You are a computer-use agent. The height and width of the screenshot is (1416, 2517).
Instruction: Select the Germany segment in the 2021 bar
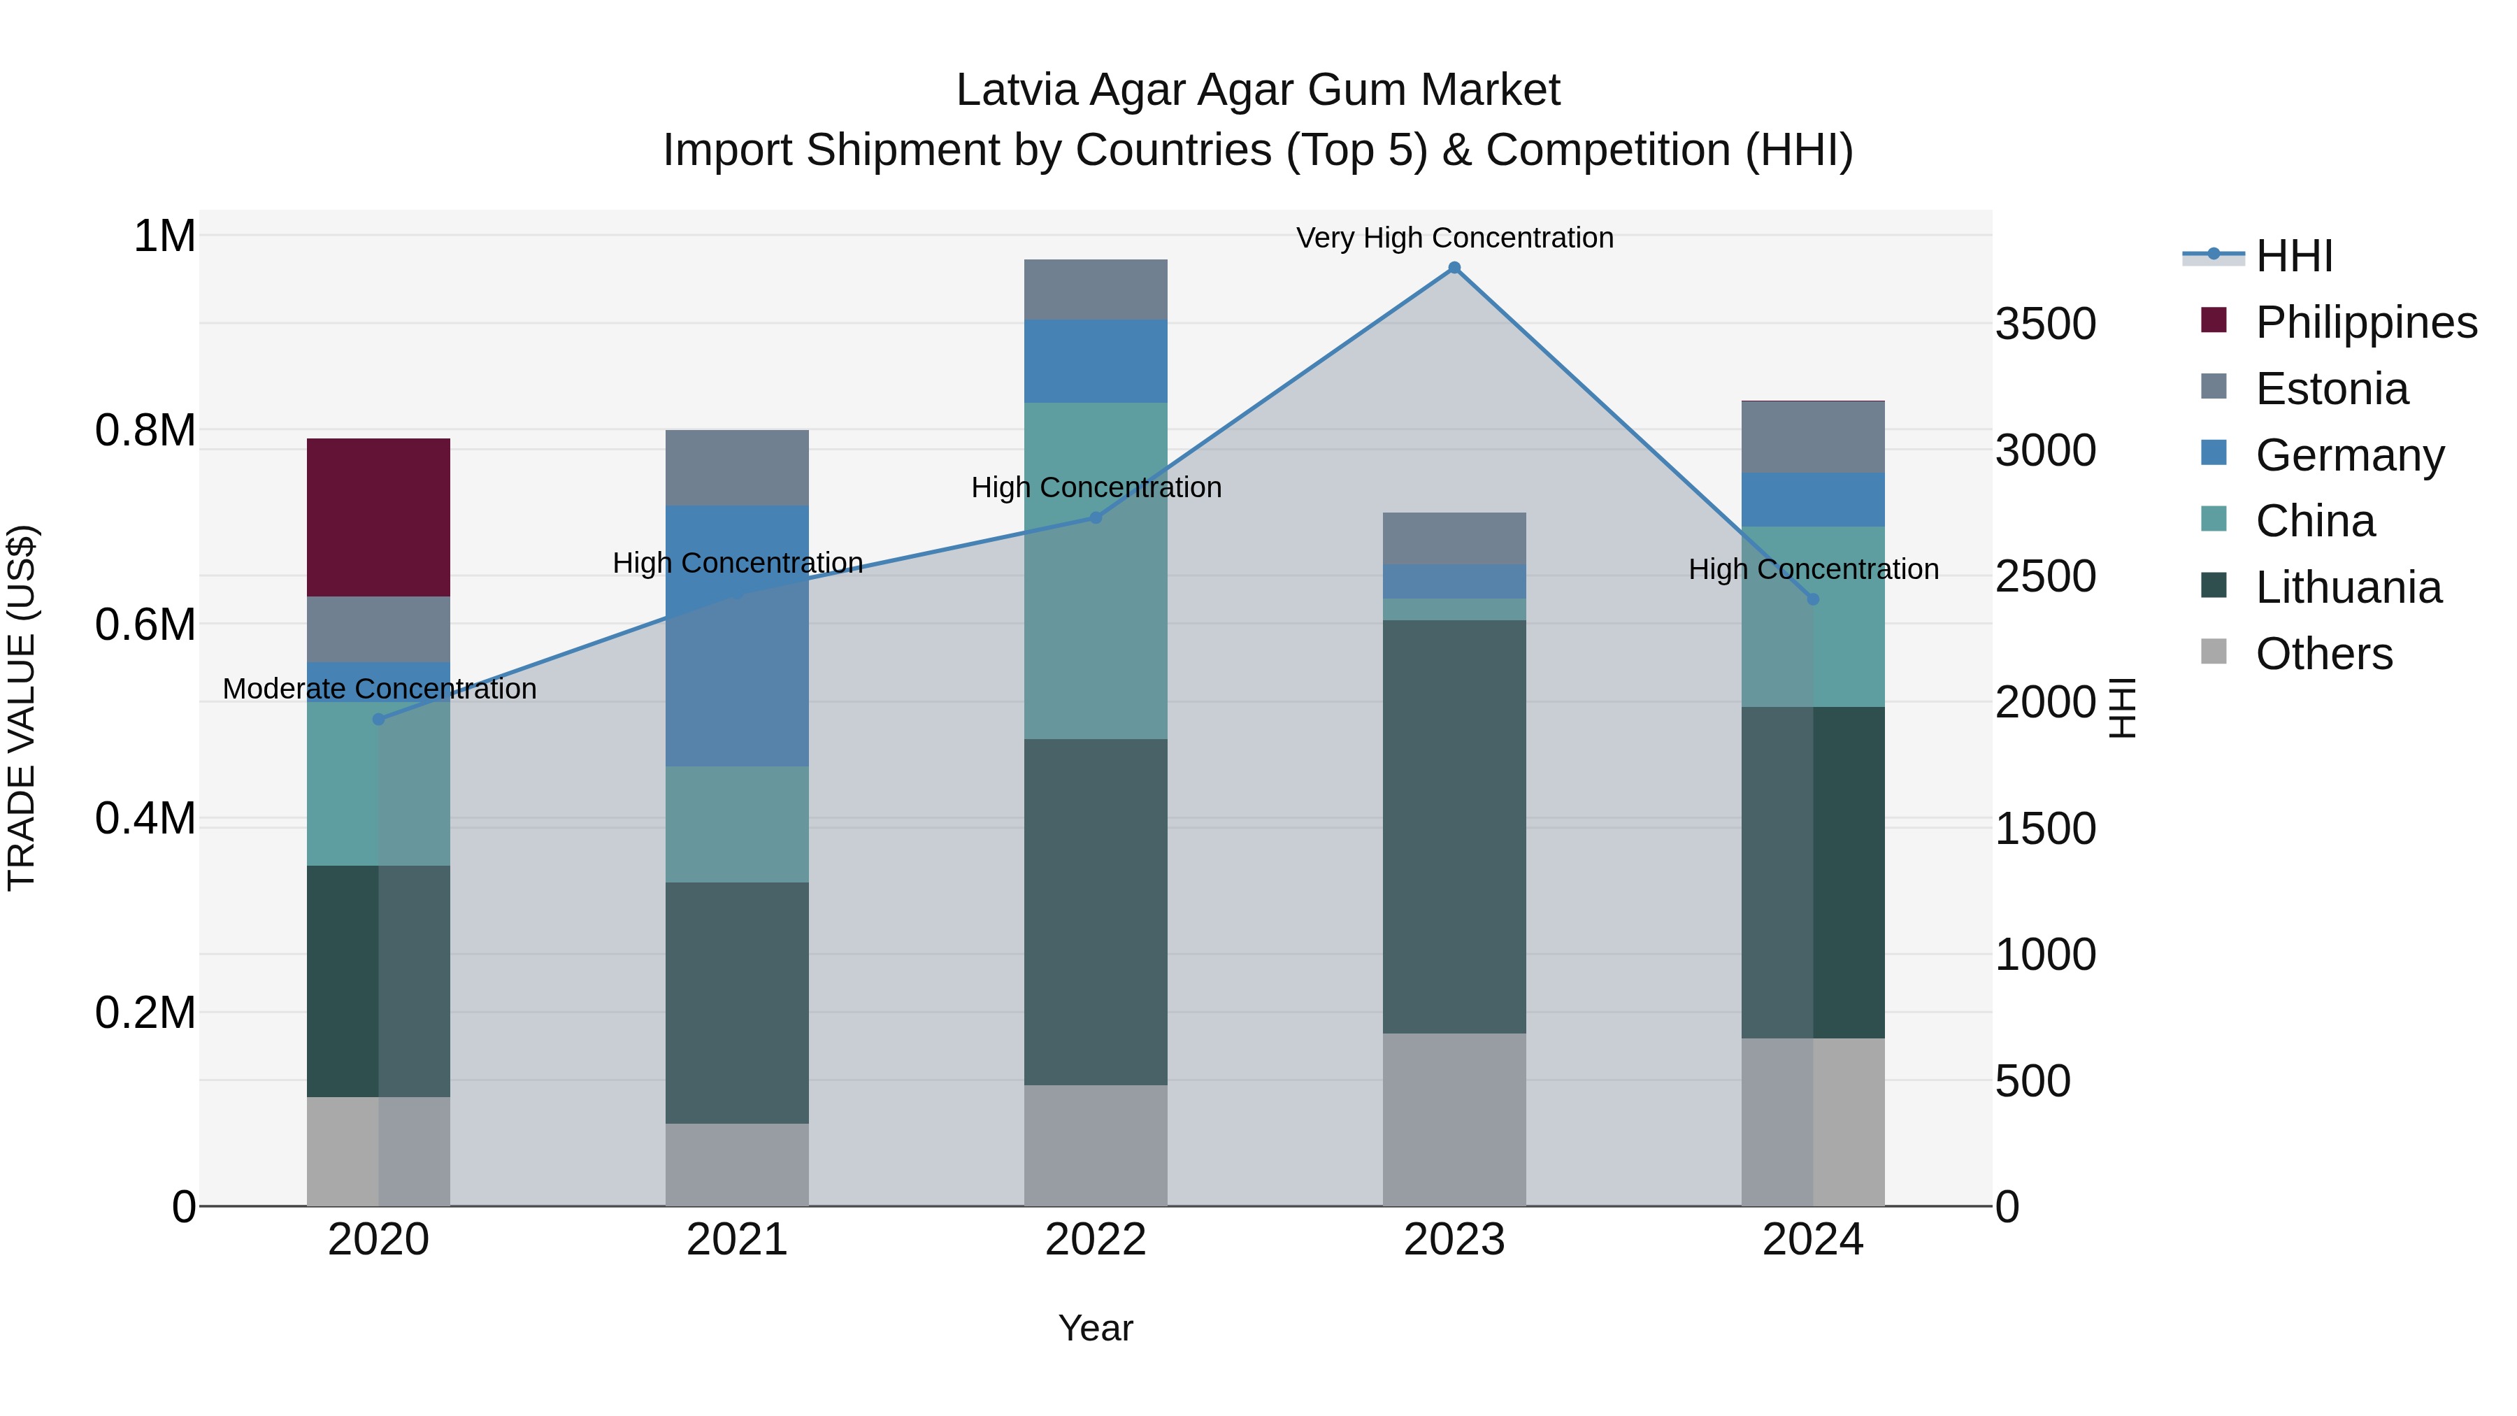coord(737,635)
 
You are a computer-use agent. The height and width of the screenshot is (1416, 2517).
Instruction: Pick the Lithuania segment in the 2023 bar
coord(1454,826)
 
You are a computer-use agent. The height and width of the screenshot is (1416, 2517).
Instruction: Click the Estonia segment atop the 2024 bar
coord(1812,437)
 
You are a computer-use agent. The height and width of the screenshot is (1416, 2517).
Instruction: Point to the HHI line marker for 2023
coord(1454,268)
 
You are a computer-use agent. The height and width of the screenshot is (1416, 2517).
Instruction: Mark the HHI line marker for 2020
coord(379,720)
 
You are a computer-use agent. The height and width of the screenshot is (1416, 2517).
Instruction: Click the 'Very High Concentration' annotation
coord(1454,238)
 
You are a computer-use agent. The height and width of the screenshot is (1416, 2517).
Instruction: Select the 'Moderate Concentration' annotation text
coord(379,689)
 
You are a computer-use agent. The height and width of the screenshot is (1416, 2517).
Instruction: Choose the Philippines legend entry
coord(2365,322)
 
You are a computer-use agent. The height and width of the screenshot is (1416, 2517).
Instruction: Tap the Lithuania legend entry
coord(2348,587)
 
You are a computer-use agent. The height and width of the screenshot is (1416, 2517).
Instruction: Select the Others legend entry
coord(2323,654)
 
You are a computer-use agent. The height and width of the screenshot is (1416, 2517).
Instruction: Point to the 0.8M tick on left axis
coord(145,430)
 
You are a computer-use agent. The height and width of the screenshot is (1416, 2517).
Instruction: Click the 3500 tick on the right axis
coord(2045,324)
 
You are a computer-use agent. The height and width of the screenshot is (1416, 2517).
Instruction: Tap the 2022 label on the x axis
coord(1096,1240)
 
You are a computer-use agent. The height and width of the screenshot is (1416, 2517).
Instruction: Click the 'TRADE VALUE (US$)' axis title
coord(22,708)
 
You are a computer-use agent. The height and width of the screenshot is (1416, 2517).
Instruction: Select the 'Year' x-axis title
coord(1096,1328)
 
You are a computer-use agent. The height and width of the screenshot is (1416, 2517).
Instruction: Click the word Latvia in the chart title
coord(1016,90)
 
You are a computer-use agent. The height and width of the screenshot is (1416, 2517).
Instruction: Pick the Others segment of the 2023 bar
coord(1454,1119)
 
